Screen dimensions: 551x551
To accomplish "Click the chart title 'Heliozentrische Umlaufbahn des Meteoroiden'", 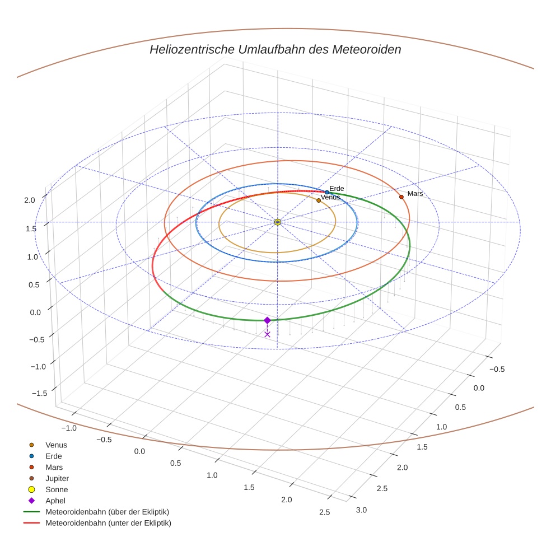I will [x=275, y=49].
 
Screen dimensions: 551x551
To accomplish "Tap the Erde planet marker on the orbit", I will [x=327, y=193].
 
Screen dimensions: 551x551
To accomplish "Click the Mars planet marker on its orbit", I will [x=401, y=197].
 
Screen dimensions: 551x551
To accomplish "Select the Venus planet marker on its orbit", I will [x=319, y=200].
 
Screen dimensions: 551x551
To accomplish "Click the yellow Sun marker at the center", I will [x=278, y=222].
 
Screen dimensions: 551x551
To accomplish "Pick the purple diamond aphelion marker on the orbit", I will [x=267, y=320].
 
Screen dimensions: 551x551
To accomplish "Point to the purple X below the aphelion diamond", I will [x=267, y=334].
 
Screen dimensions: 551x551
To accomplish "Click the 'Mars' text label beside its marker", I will [x=415, y=193].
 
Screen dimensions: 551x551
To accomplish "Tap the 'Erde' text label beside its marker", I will [x=337, y=189].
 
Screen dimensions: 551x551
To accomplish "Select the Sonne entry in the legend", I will [x=57, y=489].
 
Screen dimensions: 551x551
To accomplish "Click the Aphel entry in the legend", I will [x=55, y=501].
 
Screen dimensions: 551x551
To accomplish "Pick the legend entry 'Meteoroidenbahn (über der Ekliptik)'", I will [x=107, y=512].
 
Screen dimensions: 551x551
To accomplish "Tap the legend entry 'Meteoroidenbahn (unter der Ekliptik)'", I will [x=108, y=523].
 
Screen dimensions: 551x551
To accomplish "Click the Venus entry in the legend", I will [x=56, y=445].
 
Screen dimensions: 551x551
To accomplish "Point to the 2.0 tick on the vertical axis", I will [x=29, y=200].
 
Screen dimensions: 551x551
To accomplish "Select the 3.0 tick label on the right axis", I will [x=361, y=510].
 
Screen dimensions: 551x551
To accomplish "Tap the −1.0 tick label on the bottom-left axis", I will [x=69, y=428].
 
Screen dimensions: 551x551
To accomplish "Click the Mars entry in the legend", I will [x=54, y=467].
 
